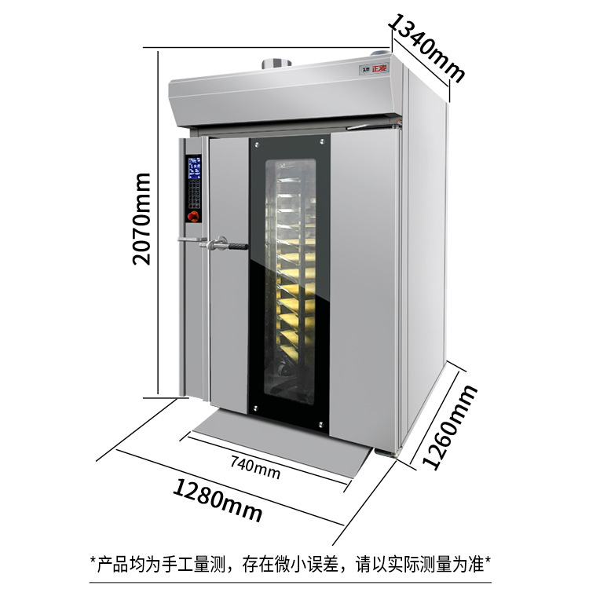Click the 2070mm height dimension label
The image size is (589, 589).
click(142, 219)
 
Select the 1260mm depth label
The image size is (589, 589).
click(450, 428)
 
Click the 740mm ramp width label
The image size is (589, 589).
click(255, 469)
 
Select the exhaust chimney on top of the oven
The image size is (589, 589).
click(274, 62)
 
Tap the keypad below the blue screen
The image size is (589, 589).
click(193, 196)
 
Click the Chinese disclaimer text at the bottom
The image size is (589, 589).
click(291, 562)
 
